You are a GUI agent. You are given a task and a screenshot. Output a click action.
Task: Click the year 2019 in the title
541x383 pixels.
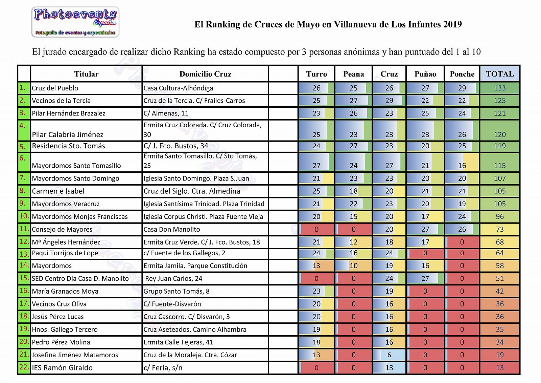point(452,24)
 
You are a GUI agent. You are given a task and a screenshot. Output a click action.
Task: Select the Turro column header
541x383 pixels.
point(316,74)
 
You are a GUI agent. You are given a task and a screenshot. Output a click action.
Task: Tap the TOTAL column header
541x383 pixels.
point(500,74)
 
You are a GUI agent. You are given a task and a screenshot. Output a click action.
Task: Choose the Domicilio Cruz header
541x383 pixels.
point(205,74)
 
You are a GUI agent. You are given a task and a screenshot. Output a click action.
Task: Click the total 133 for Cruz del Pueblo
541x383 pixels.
point(500,88)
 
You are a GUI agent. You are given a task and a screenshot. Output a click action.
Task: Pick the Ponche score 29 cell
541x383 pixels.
point(462,88)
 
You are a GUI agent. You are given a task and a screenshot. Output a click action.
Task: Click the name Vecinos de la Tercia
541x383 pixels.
point(61,101)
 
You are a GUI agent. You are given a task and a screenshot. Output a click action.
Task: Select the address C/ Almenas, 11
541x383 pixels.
point(166,113)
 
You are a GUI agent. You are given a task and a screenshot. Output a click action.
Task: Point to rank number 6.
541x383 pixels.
point(23,158)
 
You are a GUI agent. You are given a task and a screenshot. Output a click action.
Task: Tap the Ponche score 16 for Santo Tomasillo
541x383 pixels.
point(462,166)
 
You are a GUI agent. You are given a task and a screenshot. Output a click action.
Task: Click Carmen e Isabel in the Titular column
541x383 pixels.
point(58,191)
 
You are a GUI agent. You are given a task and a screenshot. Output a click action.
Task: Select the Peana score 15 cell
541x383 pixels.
point(353,217)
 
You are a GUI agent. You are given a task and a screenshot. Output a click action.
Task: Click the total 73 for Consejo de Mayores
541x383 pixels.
point(500,229)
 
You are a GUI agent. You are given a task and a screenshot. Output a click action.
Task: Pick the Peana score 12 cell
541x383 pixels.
point(353,242)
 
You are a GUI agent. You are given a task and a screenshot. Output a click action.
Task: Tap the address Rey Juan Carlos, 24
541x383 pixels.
point(173,278)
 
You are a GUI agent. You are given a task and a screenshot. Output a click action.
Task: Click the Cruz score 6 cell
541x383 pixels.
point(389,355)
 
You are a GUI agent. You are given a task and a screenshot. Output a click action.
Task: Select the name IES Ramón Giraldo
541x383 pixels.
point(62,368)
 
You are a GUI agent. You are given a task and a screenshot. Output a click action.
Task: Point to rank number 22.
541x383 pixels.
point(24,367)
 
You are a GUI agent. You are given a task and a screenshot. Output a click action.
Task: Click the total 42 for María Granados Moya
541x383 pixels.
point(500,291)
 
